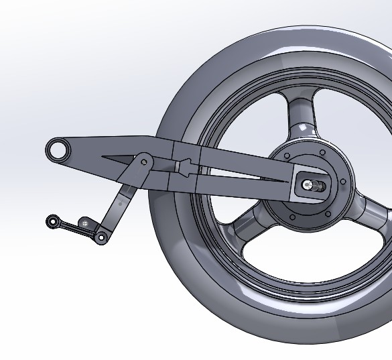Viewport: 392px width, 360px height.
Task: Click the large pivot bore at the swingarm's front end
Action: tap(58, 149)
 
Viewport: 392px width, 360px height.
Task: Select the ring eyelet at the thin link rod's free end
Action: tap(52, 221)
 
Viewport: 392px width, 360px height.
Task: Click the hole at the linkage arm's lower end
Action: tap(101, 237)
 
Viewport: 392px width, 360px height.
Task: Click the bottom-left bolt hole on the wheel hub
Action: tap(292, 217)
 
